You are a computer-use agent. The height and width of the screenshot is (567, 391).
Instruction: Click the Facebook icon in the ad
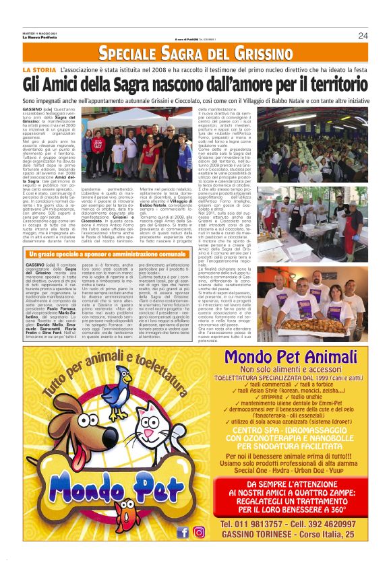click(x=182, y=532)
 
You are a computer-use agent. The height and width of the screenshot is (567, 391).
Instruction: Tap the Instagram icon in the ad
click(x=199, y=532)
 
